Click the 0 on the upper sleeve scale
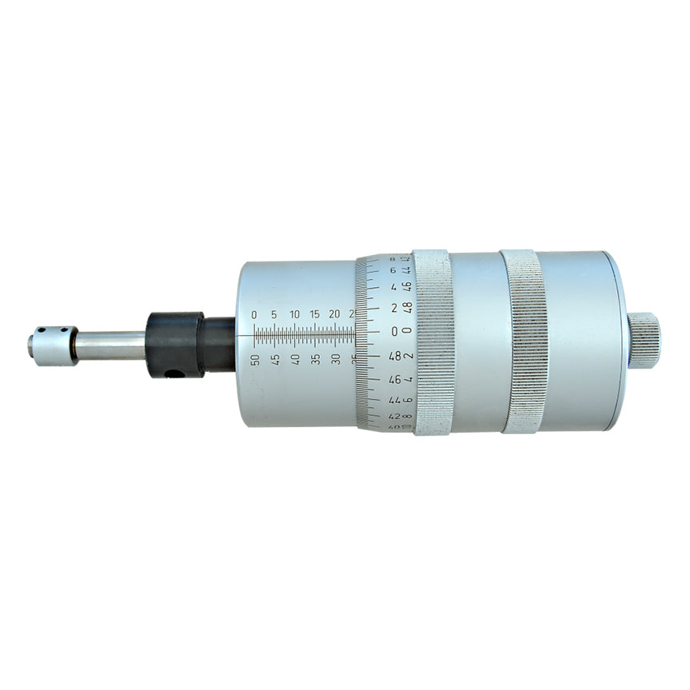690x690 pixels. tap(254, 315)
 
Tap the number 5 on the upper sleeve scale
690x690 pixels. tap(274, 315)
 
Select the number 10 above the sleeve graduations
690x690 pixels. tap(295, 315)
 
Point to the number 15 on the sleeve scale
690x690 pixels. tap(315, 315)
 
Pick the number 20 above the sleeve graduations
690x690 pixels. tap(335, 315)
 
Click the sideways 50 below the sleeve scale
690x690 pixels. tap(255, 359)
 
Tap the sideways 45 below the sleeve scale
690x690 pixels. tap(275, 359)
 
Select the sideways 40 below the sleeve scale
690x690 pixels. tap(295, 359)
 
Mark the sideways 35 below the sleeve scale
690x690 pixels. tap(316, 359)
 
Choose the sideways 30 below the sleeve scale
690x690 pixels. tap(336, 359)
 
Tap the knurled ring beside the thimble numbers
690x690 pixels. tap(434, 342)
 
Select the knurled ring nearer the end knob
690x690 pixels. tap(524, 342)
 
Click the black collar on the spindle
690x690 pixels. tap(176, 344)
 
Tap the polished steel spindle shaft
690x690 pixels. tap(112, 345)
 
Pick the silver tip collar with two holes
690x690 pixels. tap(51, 345)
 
